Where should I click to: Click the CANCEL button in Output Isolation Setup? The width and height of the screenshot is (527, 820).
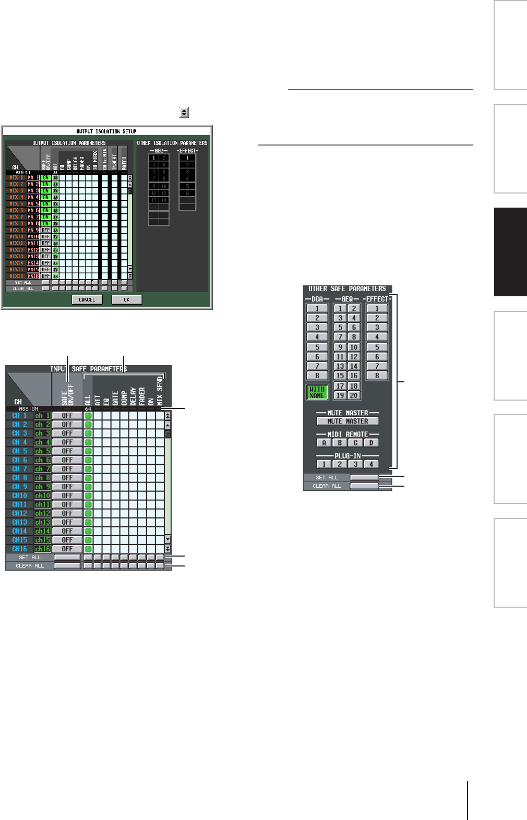(87, 300)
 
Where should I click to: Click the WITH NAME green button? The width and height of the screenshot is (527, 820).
(317, 392)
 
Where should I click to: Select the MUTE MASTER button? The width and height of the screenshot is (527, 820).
(348, 421)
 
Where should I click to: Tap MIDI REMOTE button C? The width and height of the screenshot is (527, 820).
(355, 443)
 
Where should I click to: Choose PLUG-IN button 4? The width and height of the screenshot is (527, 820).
(371, 464)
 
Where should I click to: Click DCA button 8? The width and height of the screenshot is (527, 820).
(317, 376)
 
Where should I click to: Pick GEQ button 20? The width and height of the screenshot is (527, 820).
(354, 395)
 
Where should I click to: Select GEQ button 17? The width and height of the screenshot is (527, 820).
(340, 386)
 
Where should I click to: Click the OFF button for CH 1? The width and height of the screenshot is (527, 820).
(67, 416)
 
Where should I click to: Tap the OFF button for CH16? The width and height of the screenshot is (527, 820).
(67, 549)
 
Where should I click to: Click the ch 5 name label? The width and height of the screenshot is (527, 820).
(42, 451)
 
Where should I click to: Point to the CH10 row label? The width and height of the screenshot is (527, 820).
(20, 496)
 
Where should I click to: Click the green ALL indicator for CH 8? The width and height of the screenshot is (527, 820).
(88, 478)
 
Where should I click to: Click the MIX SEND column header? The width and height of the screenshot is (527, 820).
(160, 391)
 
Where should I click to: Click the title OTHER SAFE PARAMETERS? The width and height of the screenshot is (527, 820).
(347, 289)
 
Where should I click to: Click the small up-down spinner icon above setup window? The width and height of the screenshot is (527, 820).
(184, 112)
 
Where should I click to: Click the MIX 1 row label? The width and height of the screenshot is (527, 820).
(17, 178)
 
